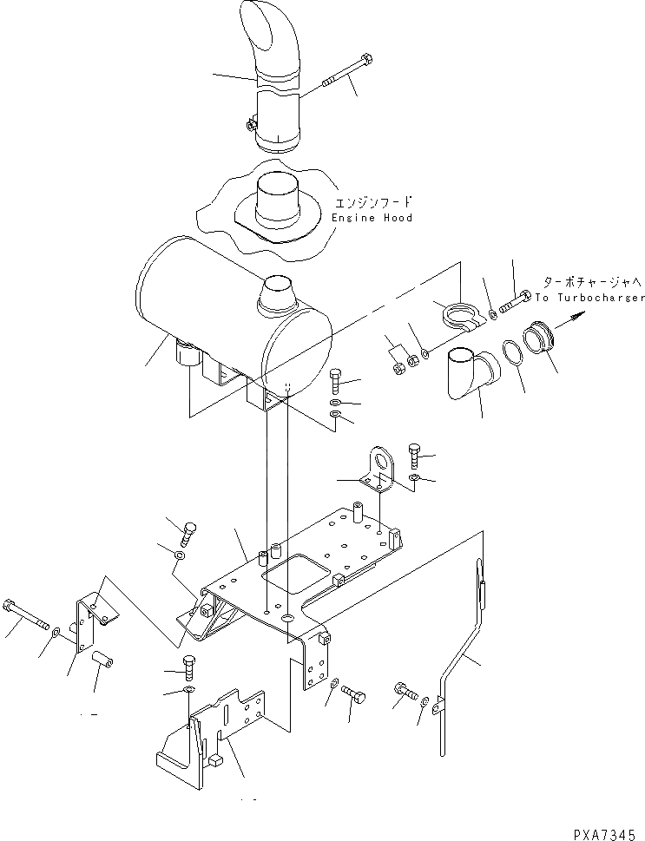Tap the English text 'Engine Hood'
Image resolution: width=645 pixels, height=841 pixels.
pyautogui.click(x=372, y=218)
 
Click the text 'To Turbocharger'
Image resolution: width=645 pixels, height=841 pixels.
pyautogui.click(x=589, y=298)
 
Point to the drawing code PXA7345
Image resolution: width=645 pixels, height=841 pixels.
pyautogui.click(x=607, y=831)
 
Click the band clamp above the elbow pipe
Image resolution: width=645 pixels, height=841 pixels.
pyautogui.click(x=459, y=313)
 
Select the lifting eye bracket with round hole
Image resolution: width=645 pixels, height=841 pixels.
pyautogui.click(x=378, y=469)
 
